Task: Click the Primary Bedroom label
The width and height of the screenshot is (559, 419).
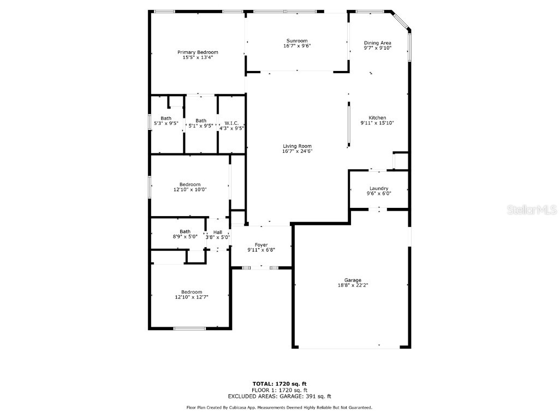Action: (198, 52)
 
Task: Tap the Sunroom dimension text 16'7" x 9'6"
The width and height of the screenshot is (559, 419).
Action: (297, 46)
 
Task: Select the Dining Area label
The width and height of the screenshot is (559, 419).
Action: (378, 43)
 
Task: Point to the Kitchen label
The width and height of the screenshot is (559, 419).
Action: (377, 118)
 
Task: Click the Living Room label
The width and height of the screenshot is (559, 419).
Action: (297, 146)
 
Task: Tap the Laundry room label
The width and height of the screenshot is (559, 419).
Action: (378, 188)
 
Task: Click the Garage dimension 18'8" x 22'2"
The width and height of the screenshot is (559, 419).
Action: (353, 285)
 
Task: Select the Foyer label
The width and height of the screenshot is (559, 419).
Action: (261, 244)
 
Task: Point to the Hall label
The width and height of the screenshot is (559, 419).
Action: (218, 232)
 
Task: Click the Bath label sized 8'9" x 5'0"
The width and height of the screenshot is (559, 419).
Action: (185, 232)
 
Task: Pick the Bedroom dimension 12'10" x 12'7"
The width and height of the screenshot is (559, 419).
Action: (192, 297)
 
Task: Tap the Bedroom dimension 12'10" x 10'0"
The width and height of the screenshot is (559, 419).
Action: (190, 189)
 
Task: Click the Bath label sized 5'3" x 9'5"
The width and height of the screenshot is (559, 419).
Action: (166, 118)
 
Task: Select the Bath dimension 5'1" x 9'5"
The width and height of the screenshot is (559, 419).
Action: (201, 126)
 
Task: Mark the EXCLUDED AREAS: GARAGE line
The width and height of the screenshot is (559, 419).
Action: (279, 397)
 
